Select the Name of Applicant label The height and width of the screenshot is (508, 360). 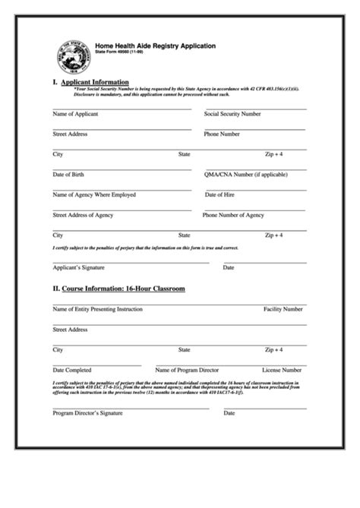pos(75,114)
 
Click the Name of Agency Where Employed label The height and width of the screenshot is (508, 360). pos(94,194)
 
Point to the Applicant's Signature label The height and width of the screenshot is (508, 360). pos(78,268)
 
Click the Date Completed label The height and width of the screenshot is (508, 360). pos(71,370)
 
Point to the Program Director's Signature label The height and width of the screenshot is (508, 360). pos(87,414)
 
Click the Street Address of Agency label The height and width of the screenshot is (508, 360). pos(83,215)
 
